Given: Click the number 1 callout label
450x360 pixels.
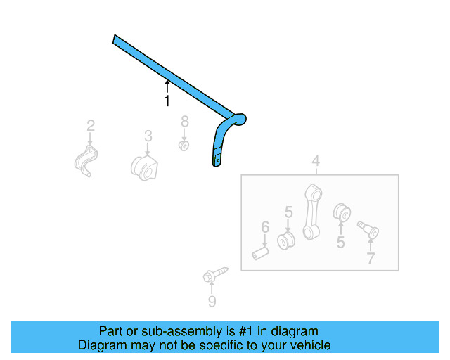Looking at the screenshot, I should pos(167,102).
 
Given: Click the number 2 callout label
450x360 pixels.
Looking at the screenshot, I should pos(91,126).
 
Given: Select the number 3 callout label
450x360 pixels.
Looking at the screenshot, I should pos(148,134).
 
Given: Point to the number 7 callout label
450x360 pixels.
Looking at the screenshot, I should pos(370,258).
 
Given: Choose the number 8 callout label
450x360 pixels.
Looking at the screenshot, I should pos(184,121).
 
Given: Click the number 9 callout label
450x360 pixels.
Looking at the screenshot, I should pos(212,302).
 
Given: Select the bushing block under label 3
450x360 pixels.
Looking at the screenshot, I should pos(145,167).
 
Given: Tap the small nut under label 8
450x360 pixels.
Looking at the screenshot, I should pos(184,146).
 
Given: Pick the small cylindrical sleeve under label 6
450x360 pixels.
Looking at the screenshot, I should pos(262,250).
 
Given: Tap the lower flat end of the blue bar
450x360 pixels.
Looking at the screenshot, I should pos(217,160).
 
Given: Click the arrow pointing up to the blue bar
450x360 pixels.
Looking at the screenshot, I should pos(167,86).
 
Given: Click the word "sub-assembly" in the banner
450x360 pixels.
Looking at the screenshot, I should pos(168,331).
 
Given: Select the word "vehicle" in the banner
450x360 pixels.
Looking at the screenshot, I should pos(309,345).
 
